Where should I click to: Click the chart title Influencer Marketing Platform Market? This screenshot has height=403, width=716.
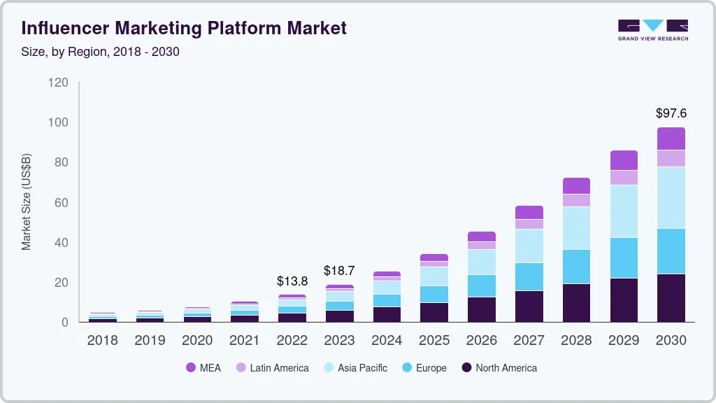[184, 28]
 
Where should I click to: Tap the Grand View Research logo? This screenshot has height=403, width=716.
[652, 29]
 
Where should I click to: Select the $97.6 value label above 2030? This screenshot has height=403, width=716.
[671, 113]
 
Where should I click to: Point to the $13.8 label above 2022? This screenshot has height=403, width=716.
[292, 281]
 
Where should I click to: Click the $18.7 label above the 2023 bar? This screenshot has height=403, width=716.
[339, 270]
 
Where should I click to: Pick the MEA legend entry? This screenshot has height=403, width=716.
[203, 367]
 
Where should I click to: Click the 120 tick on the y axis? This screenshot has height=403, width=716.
[59, 83]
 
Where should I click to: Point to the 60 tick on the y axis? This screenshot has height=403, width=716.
[62, 203]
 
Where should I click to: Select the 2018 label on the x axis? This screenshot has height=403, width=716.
[102, 340]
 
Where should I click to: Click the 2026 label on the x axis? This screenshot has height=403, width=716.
[481, 340]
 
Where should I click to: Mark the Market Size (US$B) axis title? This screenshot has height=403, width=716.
[26, 202]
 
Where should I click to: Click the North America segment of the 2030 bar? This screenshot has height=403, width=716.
[671, 297]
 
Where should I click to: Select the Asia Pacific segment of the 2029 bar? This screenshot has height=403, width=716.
[624, 211]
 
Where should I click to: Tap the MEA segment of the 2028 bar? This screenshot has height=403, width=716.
[576, 185]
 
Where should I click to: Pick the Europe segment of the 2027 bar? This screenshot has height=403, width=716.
[529, 276]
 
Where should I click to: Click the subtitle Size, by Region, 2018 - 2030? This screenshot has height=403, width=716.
[101, 51]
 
